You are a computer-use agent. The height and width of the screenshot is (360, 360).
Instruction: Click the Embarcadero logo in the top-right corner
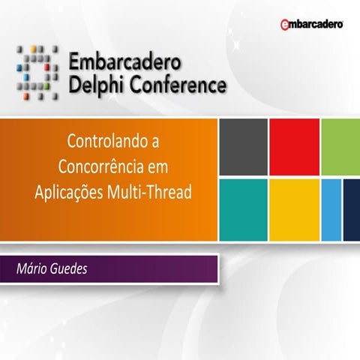click(x=311, y=25)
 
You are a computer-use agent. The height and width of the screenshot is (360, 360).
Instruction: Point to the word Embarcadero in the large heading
click(x=126, y=61)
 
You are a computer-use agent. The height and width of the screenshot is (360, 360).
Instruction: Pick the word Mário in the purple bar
click(x=32, y=268)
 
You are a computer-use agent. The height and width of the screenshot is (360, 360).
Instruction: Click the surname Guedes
click(x=68, y=268)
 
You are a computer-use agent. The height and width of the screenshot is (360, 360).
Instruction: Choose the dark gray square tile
click(x=242, y=147)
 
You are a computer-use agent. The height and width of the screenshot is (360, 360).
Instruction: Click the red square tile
click(x=294, y=147)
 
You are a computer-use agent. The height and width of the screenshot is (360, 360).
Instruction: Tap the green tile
click(x=341, y=147)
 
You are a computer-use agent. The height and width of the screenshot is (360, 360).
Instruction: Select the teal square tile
click(x=242, y=209)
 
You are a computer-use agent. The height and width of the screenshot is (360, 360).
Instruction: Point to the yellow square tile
click(x=294, y=209)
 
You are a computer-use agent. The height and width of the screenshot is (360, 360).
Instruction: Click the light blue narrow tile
click(x=331, y=209)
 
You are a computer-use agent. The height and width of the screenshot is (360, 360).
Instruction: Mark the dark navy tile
click(x=351, y=209)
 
